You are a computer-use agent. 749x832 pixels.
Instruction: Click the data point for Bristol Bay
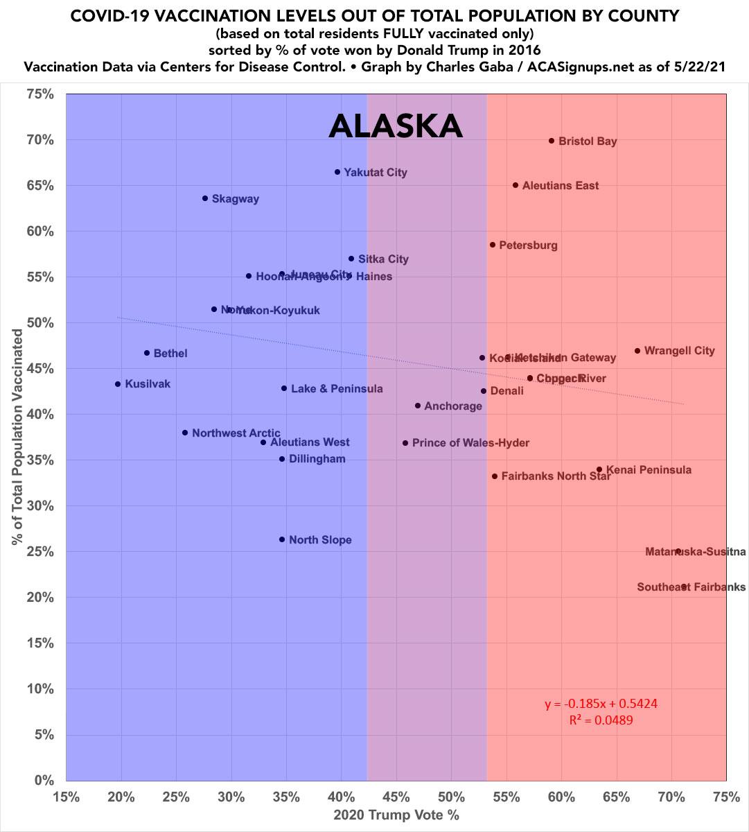coord(552,141)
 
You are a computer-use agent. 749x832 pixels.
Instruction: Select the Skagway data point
coord(205,198)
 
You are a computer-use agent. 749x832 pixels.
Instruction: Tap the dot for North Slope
coord(282,539)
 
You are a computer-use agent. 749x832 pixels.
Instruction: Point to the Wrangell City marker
coord(637,351)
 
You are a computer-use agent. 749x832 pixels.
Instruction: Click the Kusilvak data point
coord(118,384)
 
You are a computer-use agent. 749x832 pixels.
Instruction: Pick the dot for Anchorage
coord(418,406)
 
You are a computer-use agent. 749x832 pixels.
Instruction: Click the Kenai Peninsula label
coord(649,470)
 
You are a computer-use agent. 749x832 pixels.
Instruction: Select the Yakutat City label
coord(376,172)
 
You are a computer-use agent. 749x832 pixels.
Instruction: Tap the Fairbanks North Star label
coord(556,476)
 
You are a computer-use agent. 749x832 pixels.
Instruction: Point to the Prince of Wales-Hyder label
coord(470,442)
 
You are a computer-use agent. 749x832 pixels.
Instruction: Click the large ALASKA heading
coord(395,126)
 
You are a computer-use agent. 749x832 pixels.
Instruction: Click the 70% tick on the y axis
coord(41,140)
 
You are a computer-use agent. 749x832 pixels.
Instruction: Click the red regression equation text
coord(601,704)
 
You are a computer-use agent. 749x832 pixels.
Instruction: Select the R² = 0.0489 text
coord(601,720)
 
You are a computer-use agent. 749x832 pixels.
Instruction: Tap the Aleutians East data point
coord(516,185)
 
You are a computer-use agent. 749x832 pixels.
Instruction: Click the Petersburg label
coord(528,245)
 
